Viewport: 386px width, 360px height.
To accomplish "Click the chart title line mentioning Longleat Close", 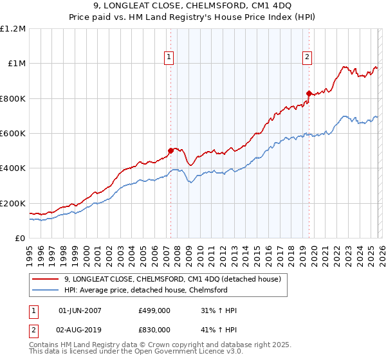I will pyautogui.click(x=192, y=7).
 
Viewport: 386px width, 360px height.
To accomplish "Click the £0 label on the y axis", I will pyautogui.click(x=20, y=238).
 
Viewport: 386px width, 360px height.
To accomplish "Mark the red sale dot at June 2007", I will pyautogui.click(x=170, y=151).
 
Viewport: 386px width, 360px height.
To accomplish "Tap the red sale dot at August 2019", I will pyautogui.click(x=309, y=93).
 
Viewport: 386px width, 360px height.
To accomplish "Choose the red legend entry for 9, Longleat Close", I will pyautogui.click(x=172, y=279).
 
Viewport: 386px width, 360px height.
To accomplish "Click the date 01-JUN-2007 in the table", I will pyautogui.click(x=80, y=310).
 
